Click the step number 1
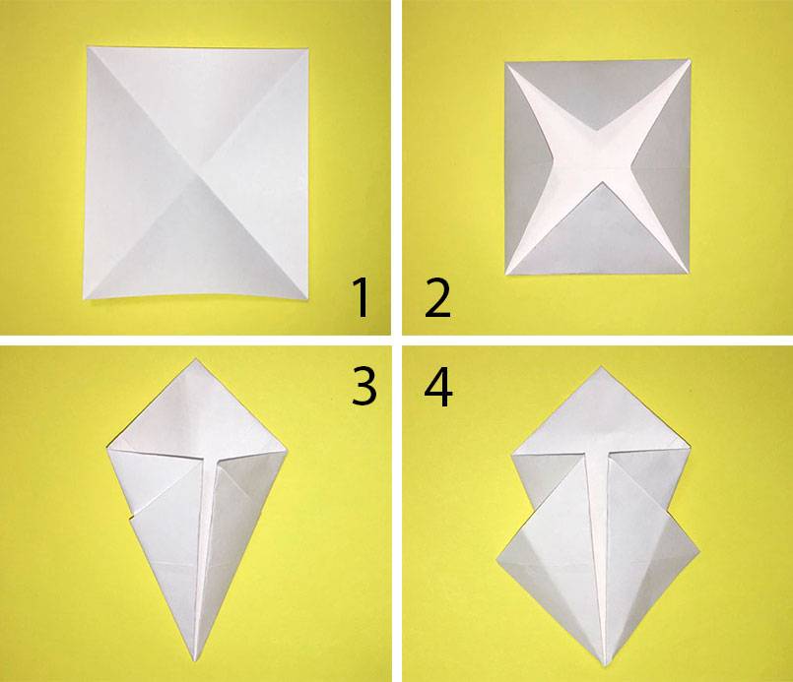tap(361, 298)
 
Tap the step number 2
tap(437, 298)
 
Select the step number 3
tap(364, 386)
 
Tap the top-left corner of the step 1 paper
tap(88, 46)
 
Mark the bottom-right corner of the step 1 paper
tap(307, 299)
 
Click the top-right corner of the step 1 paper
tap(308, 48)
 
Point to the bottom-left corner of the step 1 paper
tap(84, 300)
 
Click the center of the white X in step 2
tap(598, 167)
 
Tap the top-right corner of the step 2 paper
tap(691, 60)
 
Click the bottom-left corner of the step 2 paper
tap(505, 275)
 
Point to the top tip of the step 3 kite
tap(196, 358)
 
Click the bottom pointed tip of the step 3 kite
tap(195, 660)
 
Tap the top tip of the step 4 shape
tap(601, 366)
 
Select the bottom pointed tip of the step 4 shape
tap(605, 666)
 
